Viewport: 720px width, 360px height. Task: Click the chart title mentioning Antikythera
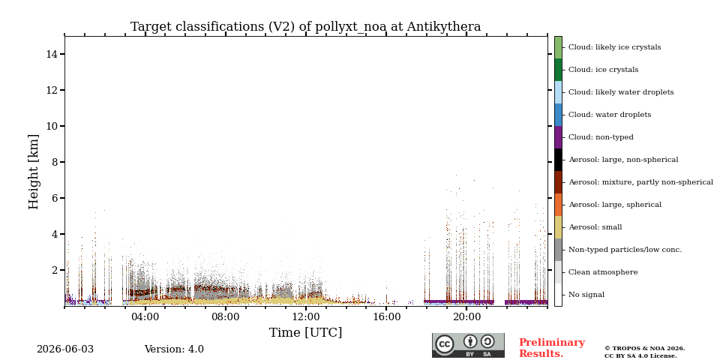point(305,27)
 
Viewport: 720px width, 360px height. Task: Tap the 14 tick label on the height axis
point(52,54)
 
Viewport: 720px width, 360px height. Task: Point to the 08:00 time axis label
point(226,317)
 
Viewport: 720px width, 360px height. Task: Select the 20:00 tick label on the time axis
point(466,317)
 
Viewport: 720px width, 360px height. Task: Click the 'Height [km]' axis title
point(34,172)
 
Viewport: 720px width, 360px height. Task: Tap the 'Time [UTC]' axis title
point(305,332)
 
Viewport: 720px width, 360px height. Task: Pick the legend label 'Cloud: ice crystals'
point(603,70)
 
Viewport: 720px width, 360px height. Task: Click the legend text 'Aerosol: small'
point(595,227)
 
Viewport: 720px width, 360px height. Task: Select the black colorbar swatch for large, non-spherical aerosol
point(558,160)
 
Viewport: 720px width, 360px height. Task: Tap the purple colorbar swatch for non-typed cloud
point(558,137)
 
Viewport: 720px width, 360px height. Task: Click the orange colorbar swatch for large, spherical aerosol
point(558,205)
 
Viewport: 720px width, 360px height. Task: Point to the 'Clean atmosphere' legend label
point(603,272)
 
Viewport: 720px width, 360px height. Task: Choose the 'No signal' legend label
point(586,295)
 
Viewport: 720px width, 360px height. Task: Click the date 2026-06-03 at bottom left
point(65,349)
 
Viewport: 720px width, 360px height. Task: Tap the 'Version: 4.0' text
point(174,349)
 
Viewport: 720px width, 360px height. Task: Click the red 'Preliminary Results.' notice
point(552,348)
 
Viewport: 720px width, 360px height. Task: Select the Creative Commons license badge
point(468,345)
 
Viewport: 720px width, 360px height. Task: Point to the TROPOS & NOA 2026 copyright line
point(644,349)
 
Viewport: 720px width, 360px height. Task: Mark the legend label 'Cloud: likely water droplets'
point(621,92)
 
